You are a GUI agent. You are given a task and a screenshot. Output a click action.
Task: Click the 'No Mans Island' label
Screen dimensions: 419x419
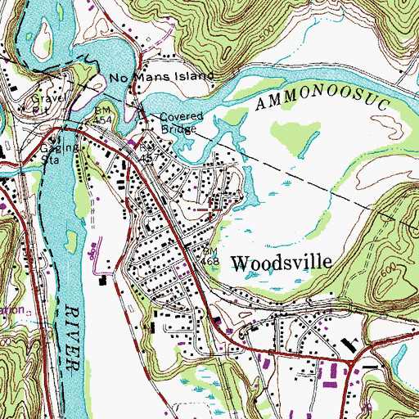point(162,77)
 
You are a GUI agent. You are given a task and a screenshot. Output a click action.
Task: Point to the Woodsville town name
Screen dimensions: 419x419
point(282,263)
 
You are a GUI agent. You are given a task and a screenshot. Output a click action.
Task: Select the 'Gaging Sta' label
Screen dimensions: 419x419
point(59,153)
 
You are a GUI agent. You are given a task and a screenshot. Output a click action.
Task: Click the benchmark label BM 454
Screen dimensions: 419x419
point(101,114)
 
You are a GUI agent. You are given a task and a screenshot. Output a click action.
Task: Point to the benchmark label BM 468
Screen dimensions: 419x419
point(211,255)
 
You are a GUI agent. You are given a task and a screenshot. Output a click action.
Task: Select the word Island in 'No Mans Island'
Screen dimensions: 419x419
point(193,77)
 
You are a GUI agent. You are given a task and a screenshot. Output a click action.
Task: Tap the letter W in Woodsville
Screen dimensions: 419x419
point(240,263)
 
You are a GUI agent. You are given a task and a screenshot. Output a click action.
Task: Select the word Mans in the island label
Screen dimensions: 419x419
point(149,77)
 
